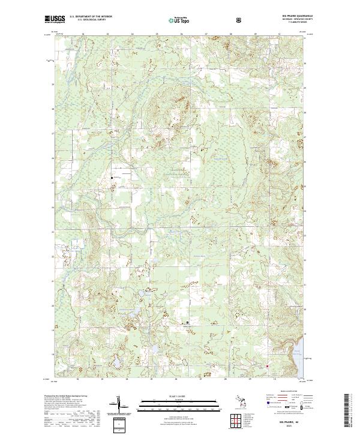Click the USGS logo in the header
click(56, 19)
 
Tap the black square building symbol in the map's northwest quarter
click(111, 178)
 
